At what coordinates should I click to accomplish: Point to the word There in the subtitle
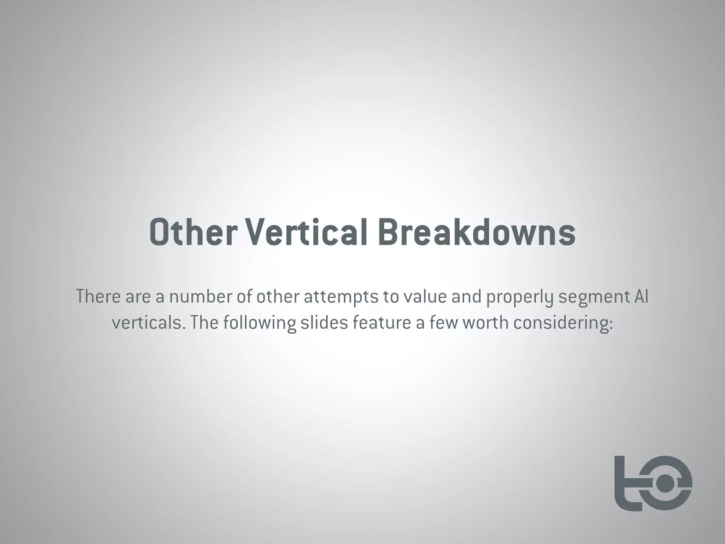click(x=98, y=297)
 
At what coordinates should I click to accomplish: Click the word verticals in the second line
click(x=148, y=323)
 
